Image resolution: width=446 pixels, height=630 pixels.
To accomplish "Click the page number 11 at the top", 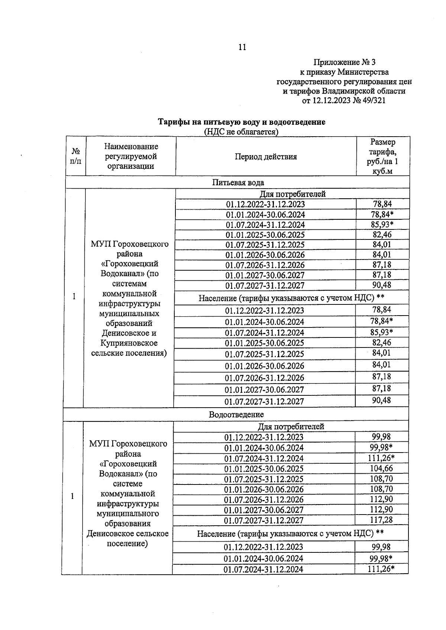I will click(x=242, y=47).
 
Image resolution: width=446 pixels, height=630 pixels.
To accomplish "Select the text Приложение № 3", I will click(x=344, y=62).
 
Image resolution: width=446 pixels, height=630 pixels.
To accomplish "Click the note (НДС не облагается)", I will click(x=241, y=132).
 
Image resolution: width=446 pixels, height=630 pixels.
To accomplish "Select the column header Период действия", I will click(x=265, y=157).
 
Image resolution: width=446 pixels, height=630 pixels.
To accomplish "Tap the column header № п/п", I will click(x=76, y=157).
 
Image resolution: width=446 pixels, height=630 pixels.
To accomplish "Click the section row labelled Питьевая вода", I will click(x=238, y=182).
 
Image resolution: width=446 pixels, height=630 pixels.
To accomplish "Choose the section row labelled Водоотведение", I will click(x=236, y=415).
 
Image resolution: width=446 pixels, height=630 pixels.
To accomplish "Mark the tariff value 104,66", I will click(x=381, y=469).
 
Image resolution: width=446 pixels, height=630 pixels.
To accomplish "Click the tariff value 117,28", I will click(x=381, y=520).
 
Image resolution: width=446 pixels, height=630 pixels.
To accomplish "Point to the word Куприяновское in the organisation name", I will click(x=130, y=343).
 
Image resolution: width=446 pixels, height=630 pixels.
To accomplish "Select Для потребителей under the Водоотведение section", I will click(x=291, y=427).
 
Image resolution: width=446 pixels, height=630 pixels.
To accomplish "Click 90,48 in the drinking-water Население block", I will click(x=381, y=401).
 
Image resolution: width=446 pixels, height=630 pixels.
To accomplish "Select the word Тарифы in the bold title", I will click(x=174, y=122).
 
